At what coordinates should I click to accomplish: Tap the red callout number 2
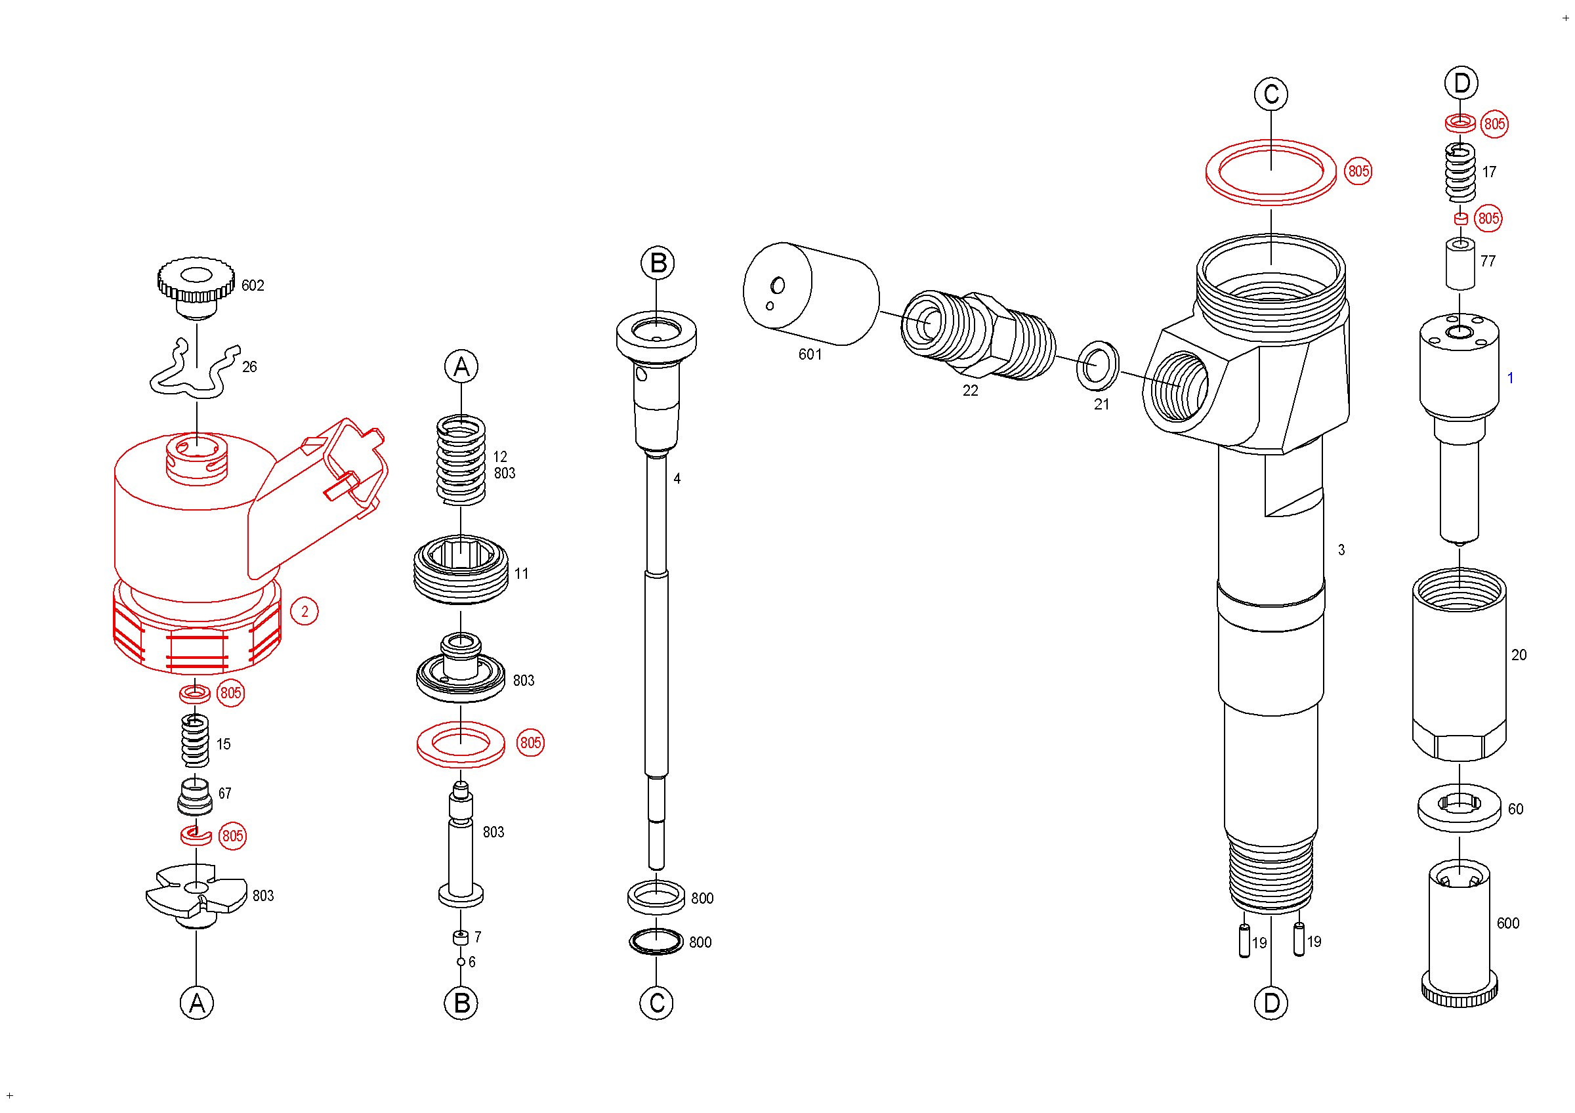tap(304, 612)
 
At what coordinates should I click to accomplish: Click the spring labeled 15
tap(195, 741)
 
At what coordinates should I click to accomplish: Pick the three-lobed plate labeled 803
tap(197, 895)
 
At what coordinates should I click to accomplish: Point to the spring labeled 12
tap(461, 461)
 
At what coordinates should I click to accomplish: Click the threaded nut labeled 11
tap(461, 570)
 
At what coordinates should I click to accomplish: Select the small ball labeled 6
tap(461, 962)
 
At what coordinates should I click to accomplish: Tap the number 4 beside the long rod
tap(677, 478)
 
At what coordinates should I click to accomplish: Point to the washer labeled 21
tap(1097, 365)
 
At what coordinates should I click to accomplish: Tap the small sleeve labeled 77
tap(1460, 264)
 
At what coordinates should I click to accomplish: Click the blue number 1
tap(1510, 378)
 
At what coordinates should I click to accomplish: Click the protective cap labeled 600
tap(1459, 933)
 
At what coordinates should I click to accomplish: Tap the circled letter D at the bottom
tap(1271, 1003)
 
